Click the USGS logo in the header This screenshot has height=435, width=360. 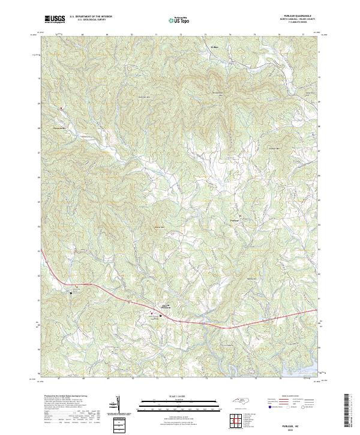coord(55,20)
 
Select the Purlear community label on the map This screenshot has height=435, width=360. coord(235,221)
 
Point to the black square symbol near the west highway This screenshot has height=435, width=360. coord(73,293)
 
